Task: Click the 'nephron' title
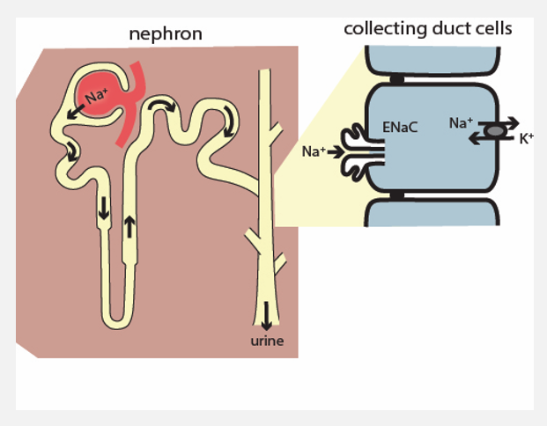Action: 166,34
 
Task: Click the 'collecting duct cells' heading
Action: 428,29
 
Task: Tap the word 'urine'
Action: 267,341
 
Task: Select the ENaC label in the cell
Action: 399,128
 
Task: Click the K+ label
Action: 526,137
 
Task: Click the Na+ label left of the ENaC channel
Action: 312,151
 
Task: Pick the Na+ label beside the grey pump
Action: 461,123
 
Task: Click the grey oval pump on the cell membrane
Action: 496,130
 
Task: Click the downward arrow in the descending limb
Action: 104,209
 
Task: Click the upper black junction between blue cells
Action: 398,79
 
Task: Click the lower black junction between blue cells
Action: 398,194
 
